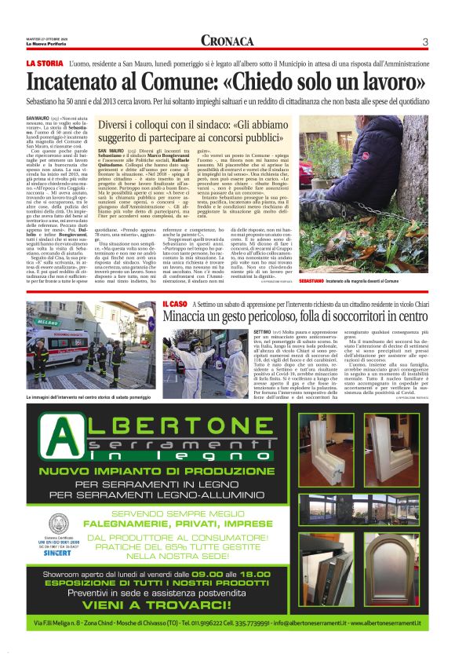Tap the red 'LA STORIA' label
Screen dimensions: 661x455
point(44,62)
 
